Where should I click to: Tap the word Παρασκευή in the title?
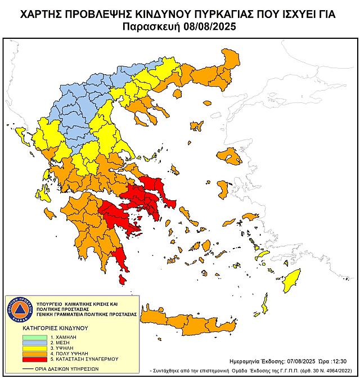[150, 26]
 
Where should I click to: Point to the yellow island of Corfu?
[22, 135]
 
